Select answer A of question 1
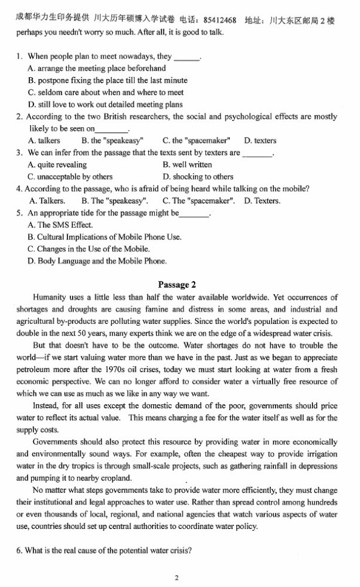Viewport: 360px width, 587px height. point(97,69)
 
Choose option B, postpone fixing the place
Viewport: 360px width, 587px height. point(107,80)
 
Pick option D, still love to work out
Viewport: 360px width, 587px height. point(105,104)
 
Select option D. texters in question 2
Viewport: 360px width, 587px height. point(260,141)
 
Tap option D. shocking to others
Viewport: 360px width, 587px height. point(198,176)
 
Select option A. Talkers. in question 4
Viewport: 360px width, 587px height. point(47,201)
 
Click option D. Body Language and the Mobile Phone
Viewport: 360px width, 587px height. point(97,261)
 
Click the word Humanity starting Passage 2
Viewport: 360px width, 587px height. point(50,298)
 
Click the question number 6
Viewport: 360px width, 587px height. point(20,551)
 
